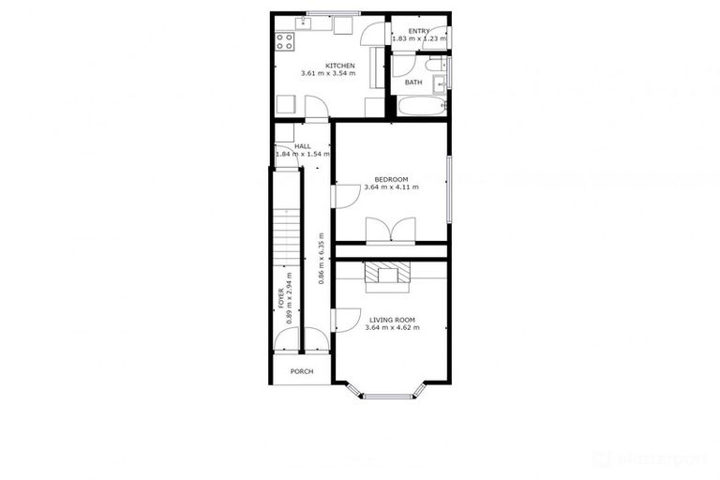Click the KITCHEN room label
(x=338, y=65)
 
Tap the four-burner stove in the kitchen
(x=285, y=41)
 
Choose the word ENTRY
(x=418, y=31)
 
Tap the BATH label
(x=413, y=82)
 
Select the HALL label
(x=303, y=147)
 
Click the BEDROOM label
(x=391, y=179)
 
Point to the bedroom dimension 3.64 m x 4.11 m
(x=391, y=187)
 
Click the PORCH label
(x=302, y=371)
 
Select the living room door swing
(x=343, y=320)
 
